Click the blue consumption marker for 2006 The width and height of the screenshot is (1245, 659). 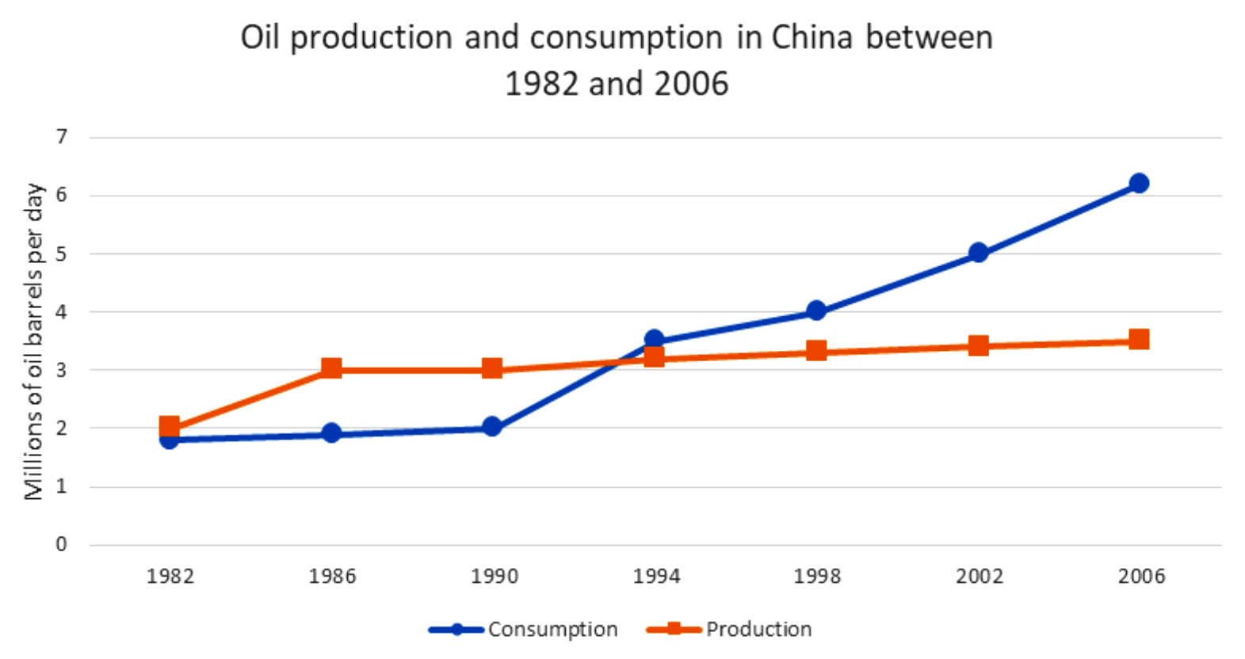coord(1139,183)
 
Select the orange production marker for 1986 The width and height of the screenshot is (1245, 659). coord(331,368)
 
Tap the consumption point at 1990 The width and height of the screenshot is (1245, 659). coord(492,427)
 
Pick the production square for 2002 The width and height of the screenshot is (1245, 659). coord(978,345)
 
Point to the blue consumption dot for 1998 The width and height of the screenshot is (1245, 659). coord(816,310)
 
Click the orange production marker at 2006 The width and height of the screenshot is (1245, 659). coord(1139,340)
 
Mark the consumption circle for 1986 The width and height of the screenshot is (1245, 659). coord(331,433)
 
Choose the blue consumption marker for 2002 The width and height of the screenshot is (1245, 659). coord(978,253)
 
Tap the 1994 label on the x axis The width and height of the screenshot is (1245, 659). coord(655,576)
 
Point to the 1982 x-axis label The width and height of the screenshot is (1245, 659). coord(170,576)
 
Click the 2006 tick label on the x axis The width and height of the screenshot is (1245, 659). coord(1141,576)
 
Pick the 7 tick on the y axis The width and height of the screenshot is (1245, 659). coord(61,137)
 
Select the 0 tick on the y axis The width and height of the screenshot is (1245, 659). coord(61,544)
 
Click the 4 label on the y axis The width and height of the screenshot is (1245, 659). coord(61,311)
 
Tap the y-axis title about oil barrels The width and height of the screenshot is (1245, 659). coord(33,341)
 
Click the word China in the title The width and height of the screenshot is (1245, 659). coord(812,37)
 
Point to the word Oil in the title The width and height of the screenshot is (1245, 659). coord(261,37)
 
